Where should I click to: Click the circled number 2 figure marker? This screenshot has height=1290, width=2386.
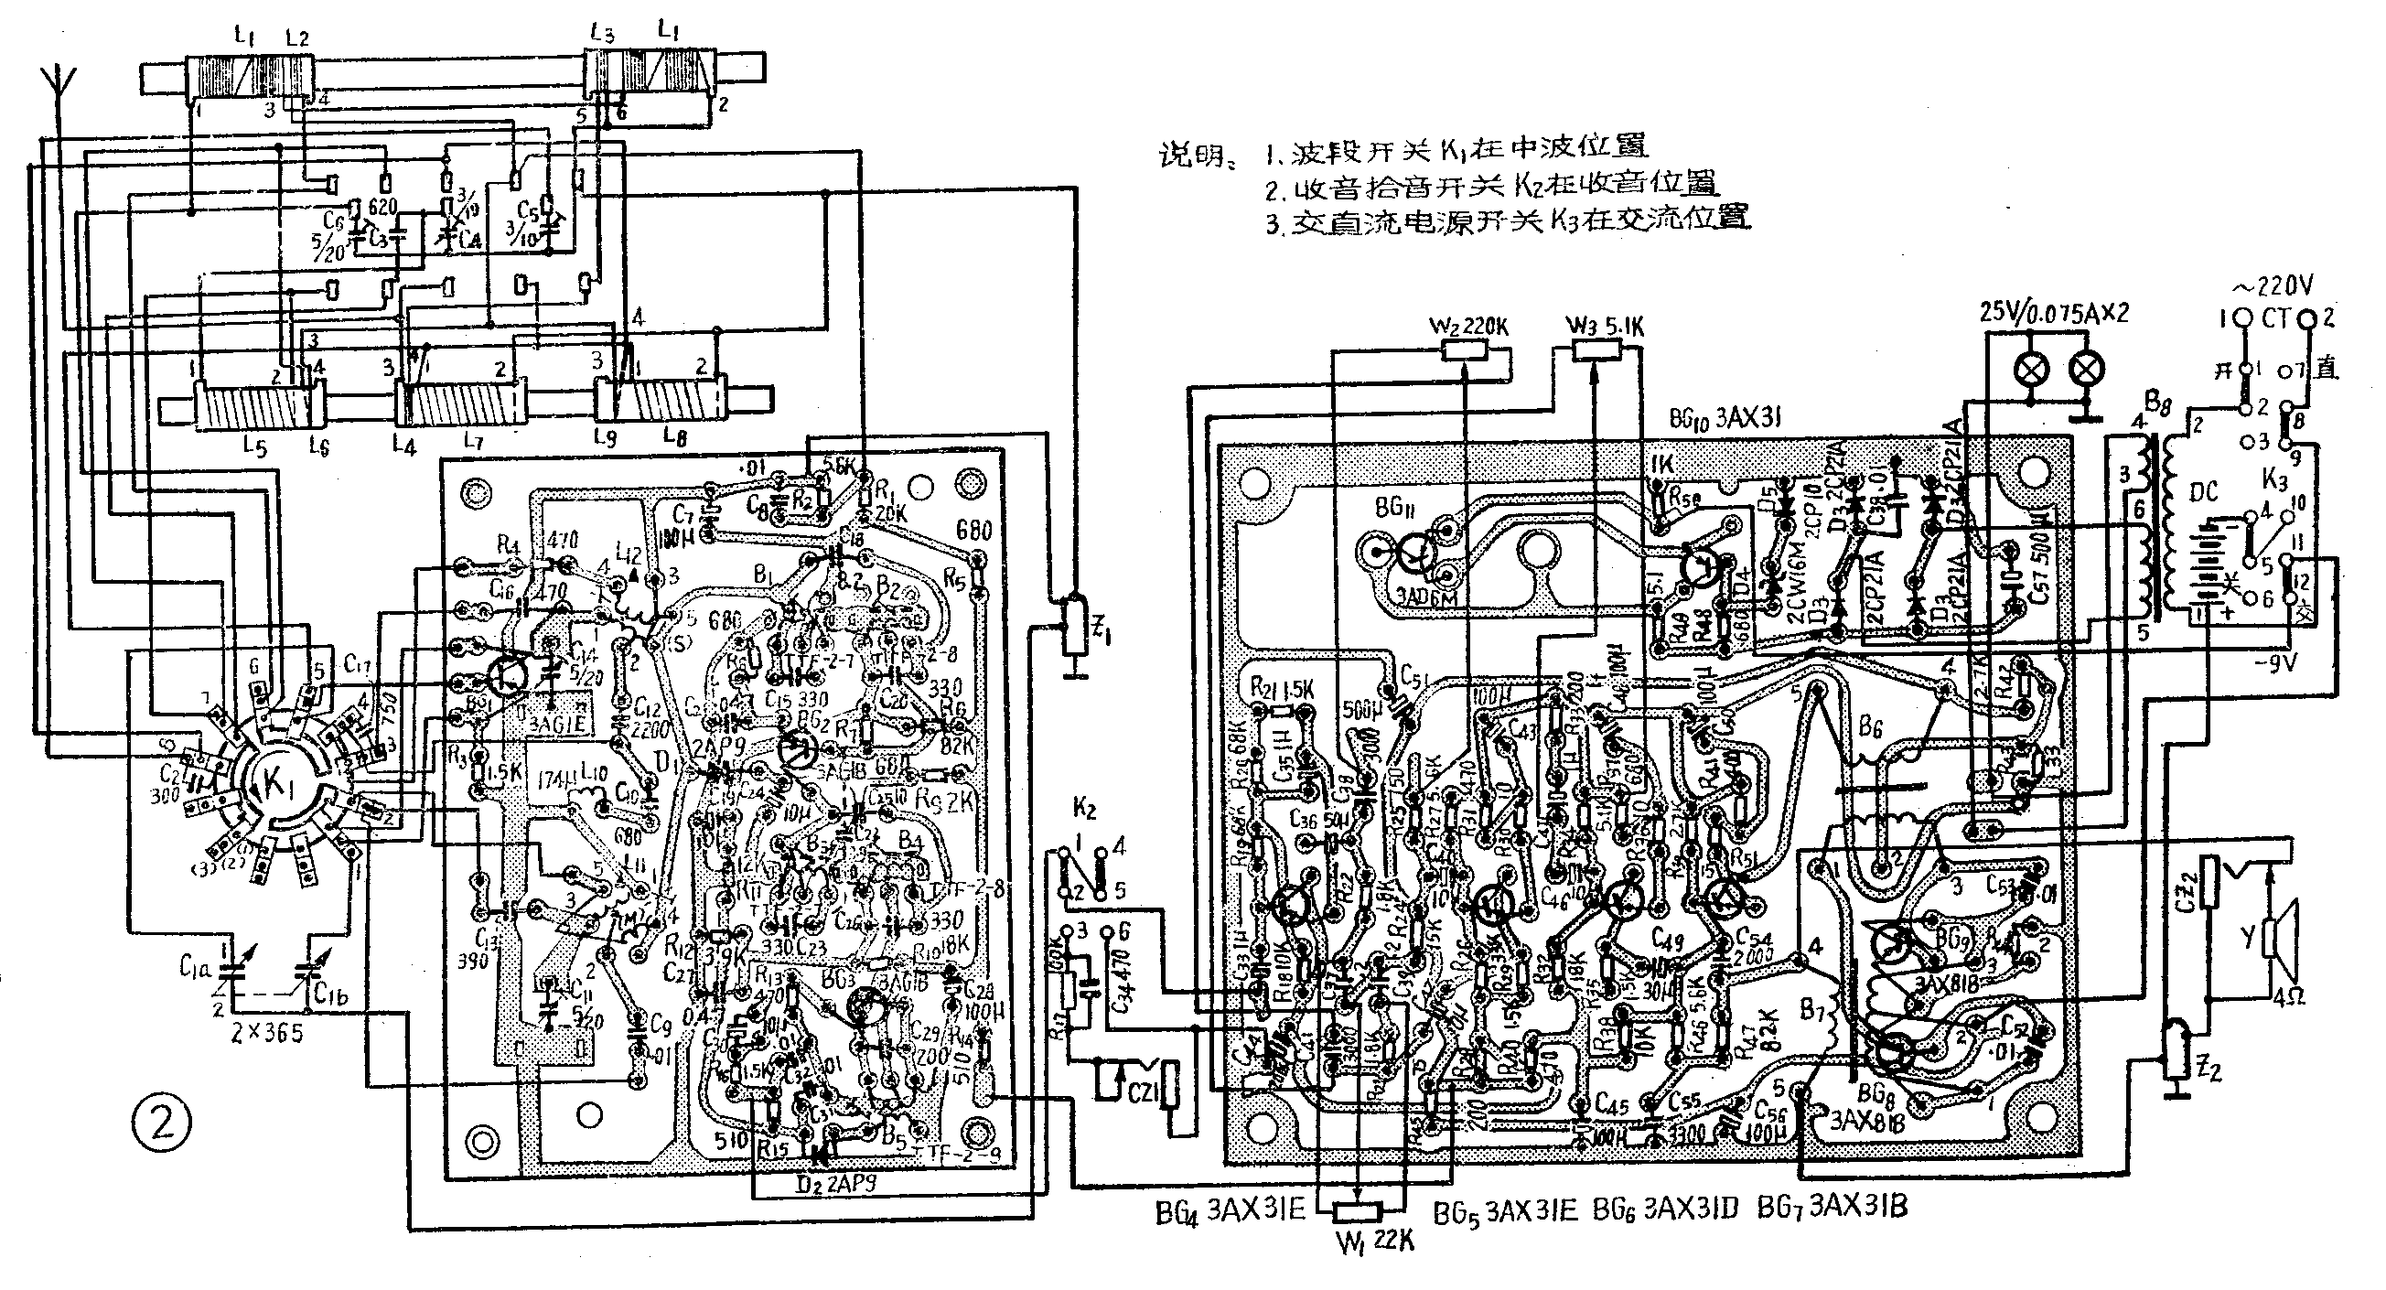[162, 1125]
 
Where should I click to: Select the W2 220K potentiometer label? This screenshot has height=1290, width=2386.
[1469, 327]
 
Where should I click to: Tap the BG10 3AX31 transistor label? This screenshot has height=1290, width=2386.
[1727, 419]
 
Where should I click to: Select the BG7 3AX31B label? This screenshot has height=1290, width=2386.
[1832, 1208]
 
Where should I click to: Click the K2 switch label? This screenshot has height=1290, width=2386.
[1084, 810]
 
